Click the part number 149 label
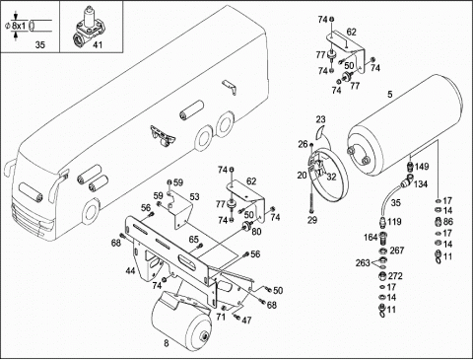click(x=422, y=167)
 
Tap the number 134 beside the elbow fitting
click(x=421, y=184)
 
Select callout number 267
click(x=397, y=251)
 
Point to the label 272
click(x=395, y=276)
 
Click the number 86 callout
click(x=448, y=222)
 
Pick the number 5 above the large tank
click(x=390, y=95)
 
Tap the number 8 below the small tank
click(x=167, y=343)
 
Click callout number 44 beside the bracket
click(x=130, y=271)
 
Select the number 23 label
click(x=321, y=119)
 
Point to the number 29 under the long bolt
click(x=312, y=220)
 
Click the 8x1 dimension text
click(x=19, y=26)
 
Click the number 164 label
click(x=371, y=237)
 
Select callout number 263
click(x=363, y=263)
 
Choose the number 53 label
click(x=194, y=197)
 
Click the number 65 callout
click(x=194, y=240)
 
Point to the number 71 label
click(x=221, y=317)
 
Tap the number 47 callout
click(x=246, y=320)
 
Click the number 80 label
click(x=256, y=232)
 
